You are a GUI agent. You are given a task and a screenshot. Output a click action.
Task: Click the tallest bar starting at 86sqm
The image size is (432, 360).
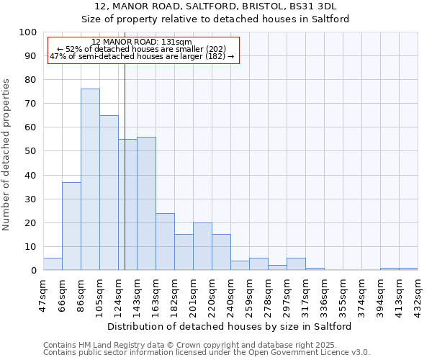tap(90, 179)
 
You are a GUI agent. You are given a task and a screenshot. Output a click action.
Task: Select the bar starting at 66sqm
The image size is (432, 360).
tap(71, 226)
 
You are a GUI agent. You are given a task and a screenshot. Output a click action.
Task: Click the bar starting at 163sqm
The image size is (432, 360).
tap(165, 242)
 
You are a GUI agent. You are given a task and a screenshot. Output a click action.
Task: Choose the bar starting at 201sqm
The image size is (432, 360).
tap(202, 246)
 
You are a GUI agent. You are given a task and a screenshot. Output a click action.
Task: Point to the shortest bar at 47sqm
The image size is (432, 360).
tap(53, 264)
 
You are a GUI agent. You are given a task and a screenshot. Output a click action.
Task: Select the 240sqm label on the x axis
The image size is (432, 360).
tap(231, 297)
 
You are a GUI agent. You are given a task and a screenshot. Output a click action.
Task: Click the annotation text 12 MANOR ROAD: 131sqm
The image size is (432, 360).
tap(142, 42)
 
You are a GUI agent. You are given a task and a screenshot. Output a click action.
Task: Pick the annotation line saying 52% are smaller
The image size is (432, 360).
tap(142, 49)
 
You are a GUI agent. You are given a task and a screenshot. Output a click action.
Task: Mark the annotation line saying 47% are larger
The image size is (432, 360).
tap(142, 56)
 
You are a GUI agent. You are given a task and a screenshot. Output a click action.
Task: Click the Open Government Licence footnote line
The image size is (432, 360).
tap(207, 352)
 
